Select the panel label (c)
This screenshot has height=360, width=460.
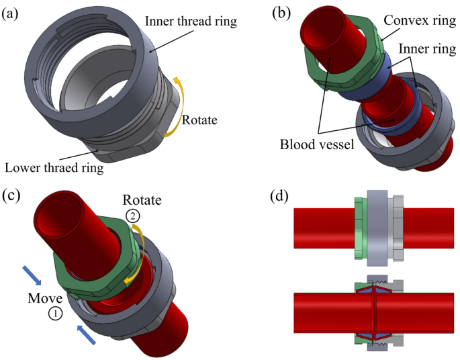click(12, 196)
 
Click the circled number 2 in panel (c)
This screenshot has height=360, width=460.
click(133, 216)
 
